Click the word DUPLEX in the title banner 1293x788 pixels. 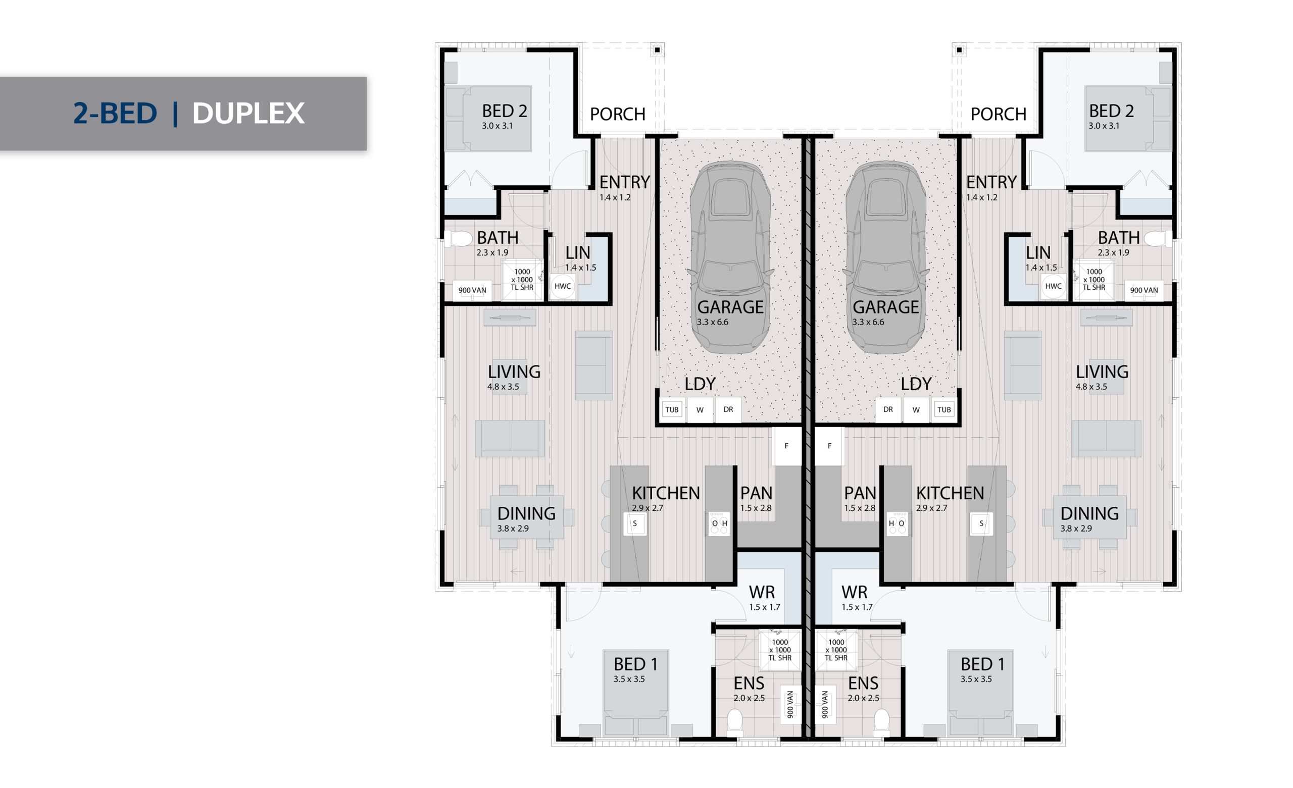[x=248, y=113]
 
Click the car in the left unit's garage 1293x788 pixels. [x=730, y=257]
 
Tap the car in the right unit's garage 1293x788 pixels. [x=886, y=257]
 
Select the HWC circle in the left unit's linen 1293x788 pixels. [x=563, y=286]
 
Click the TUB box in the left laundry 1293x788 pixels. [x=672, y=410]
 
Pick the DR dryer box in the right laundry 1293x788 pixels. [x=888, y=410]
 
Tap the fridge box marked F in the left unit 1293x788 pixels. [x=786, y=446]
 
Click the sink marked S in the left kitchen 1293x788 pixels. [x=635, y=523]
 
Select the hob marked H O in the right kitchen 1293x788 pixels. [x=897, y=523]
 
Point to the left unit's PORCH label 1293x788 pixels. [x=618, y=115]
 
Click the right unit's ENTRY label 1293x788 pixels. [x=991, y=182]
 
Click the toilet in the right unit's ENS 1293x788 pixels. [x=881, y=722]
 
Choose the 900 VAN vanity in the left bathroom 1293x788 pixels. [x=472, y=291]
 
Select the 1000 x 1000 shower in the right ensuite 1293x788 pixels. [x=836, y=651]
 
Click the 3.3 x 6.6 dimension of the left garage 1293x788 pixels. [x=713, y=322]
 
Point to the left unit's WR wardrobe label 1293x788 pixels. [x=762, y=592]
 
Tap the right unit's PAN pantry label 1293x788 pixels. [x=860, y=493]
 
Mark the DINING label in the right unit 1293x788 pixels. [x=1089, y=513]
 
